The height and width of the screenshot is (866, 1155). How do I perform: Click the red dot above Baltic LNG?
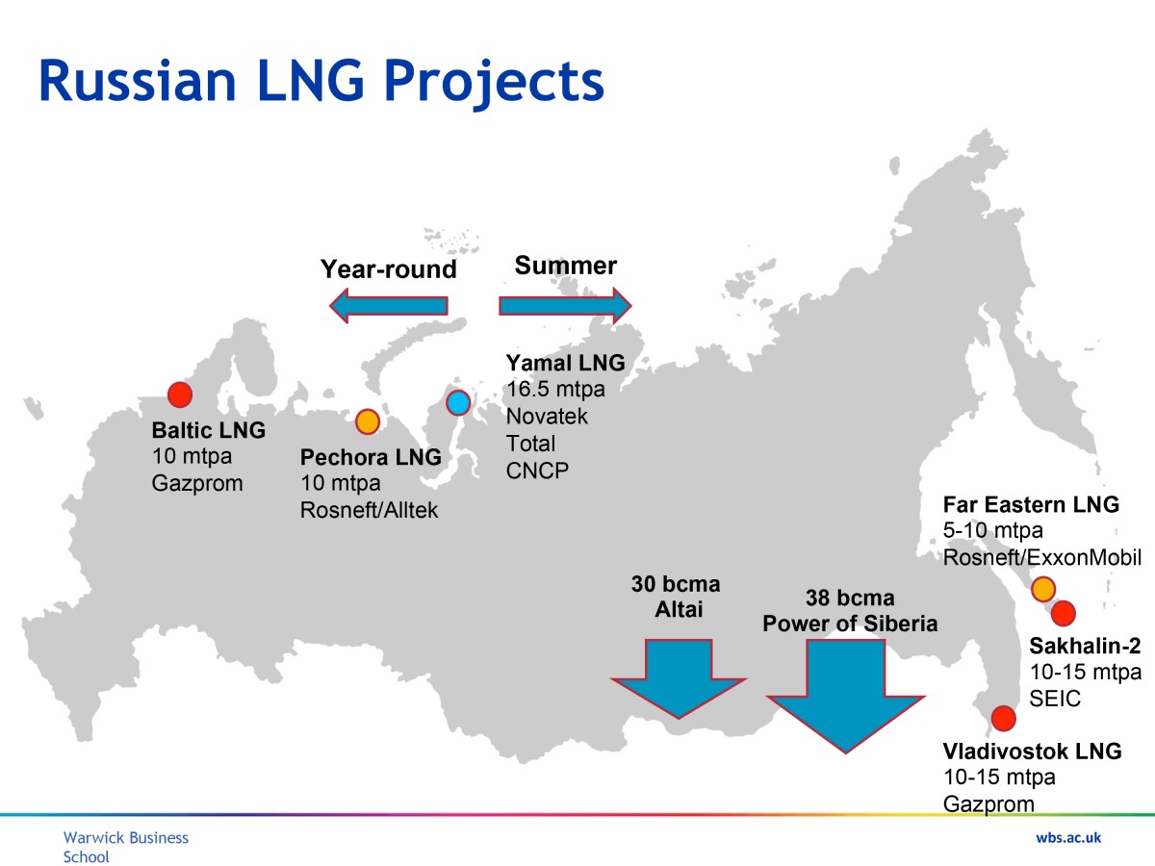point(180,395)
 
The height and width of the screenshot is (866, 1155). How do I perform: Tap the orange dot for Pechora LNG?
point(368,421)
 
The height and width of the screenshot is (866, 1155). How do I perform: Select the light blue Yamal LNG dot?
point(458,403)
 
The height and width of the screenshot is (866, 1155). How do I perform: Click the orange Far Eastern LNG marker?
point(1043,589)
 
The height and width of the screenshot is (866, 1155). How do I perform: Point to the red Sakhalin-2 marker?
point(1064,613)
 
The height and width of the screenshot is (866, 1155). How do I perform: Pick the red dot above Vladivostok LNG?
point(1004,718)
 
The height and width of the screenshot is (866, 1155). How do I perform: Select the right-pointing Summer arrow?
point(565,305)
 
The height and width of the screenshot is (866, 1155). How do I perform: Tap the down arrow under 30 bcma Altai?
point(679,678)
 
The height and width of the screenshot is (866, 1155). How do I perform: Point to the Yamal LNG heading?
point(566,363)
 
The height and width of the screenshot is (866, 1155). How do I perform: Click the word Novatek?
point(547,416)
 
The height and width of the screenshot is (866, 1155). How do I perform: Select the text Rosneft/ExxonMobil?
point(1041,557)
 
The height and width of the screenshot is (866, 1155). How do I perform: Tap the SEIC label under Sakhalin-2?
point(1055,699)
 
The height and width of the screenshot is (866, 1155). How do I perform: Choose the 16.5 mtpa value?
point(555,389)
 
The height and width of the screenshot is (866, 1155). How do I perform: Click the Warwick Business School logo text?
point(126,847)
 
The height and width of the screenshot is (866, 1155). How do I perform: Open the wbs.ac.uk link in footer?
point(1068,837)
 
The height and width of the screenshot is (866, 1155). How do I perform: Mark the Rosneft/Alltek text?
point(369,510)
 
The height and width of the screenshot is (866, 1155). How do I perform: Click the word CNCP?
point(537,471)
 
